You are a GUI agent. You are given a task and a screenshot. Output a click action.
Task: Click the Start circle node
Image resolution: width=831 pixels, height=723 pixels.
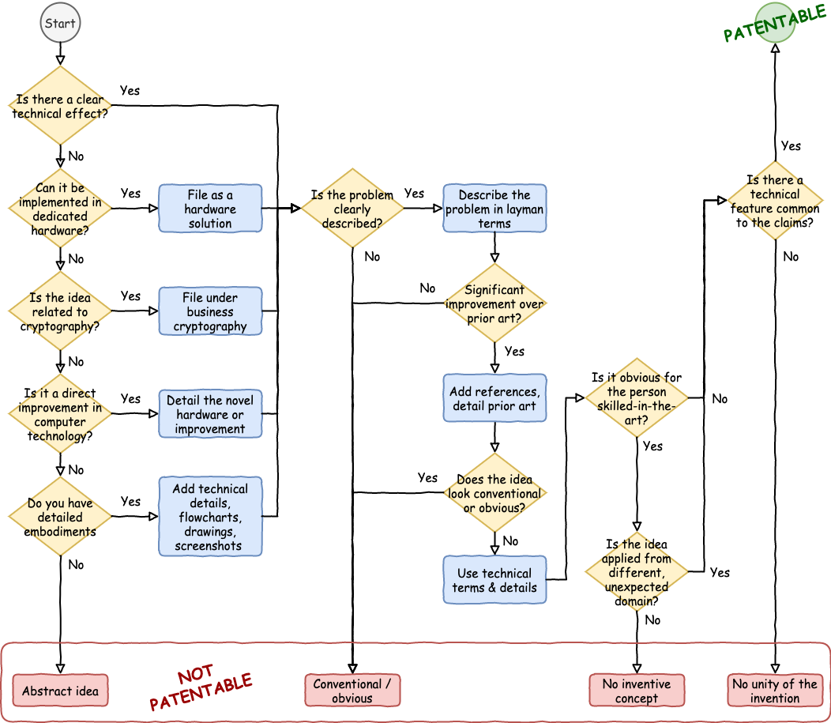point(60,23)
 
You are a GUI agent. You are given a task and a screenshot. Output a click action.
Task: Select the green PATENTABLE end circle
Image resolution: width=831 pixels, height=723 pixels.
point(774,23)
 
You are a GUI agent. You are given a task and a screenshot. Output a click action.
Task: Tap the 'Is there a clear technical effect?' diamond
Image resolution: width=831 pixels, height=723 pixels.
point(60,106)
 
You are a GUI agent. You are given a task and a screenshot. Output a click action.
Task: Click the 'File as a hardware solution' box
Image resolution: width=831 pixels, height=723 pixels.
point(210,209)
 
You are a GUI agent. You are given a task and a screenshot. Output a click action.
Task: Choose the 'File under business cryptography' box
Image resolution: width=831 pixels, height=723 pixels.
point(210,311)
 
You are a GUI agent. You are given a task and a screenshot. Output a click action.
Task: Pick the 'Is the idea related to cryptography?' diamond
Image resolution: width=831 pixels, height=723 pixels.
point(60,311)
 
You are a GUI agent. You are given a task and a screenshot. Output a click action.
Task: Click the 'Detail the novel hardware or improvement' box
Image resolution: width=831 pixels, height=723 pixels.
point(210,414)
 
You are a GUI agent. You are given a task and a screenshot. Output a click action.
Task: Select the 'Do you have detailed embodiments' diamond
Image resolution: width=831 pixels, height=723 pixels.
point(60,517)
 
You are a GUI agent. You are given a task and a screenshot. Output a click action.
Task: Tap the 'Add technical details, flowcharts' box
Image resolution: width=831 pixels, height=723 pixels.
point(210,517)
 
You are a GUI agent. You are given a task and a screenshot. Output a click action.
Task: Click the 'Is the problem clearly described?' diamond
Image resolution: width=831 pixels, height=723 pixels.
point(352,209)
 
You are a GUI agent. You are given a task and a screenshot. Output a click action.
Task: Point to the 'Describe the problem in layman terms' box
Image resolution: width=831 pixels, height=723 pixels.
point(494,209)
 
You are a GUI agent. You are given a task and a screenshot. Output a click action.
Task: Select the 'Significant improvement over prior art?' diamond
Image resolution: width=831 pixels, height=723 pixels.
point(494,303)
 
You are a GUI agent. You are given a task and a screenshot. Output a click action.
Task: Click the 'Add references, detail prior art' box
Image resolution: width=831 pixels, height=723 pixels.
point(494,398)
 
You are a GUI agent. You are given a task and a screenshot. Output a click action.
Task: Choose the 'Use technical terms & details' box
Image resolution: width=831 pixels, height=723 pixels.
point(494,580)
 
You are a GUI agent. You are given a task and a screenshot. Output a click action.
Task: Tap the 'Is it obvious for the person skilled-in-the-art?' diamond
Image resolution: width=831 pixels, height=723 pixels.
point(637,398)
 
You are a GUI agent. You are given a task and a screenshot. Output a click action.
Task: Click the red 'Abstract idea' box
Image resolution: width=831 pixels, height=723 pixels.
point(60,691)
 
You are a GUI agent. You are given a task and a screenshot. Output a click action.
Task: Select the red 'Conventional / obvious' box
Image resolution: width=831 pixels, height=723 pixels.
point(352,691)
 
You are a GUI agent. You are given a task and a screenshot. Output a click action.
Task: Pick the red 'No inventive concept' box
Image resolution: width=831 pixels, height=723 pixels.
point(637,691)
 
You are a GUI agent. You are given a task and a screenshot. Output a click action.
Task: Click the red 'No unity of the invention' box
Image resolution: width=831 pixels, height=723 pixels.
point(774,691)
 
